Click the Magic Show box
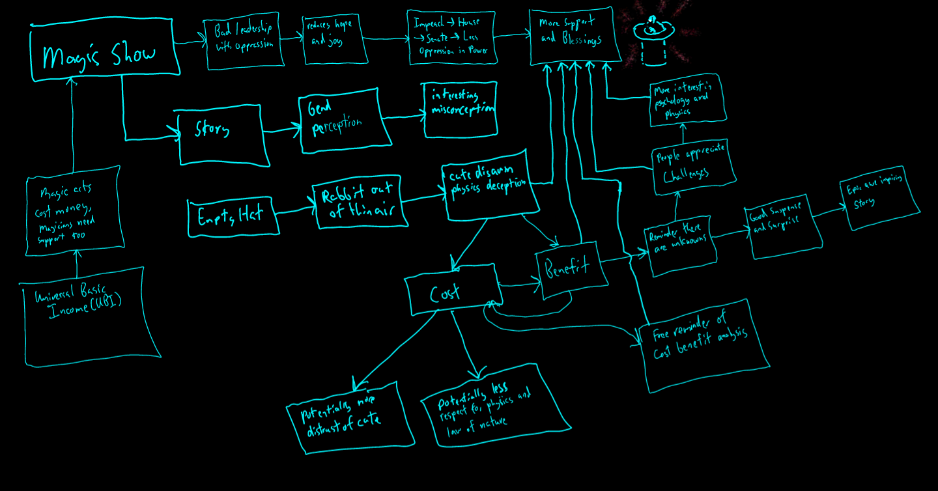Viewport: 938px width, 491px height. tap(104, 54)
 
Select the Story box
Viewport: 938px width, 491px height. tap(222, 134)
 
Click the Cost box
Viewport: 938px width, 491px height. tap(452, 293)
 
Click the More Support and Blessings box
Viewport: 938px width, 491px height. tap(571, 36)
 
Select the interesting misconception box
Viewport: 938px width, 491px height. tap(461, 109)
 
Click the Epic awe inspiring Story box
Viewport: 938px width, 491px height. tap(880, 198)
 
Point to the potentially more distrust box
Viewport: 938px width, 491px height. tap(350, 417)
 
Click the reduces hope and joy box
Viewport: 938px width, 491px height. tap(332, 39)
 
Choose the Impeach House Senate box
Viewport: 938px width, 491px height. tap(451, 37)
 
